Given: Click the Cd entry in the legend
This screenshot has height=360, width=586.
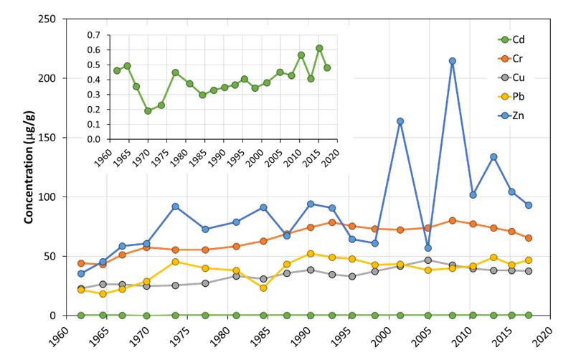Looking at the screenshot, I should (x=520, y=39).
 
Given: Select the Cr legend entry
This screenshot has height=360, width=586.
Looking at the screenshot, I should (x=520, y=57).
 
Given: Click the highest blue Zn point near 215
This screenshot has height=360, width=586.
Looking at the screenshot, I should (x=452, y=61).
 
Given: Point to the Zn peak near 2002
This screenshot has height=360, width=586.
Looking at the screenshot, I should (x=400, y=121).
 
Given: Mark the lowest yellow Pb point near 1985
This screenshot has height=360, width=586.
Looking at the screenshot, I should (x=263, y=288).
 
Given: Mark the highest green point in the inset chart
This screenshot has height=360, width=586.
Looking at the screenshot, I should (x=319, y=48).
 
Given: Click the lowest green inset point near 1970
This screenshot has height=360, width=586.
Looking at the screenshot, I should (x=148, y=110).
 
